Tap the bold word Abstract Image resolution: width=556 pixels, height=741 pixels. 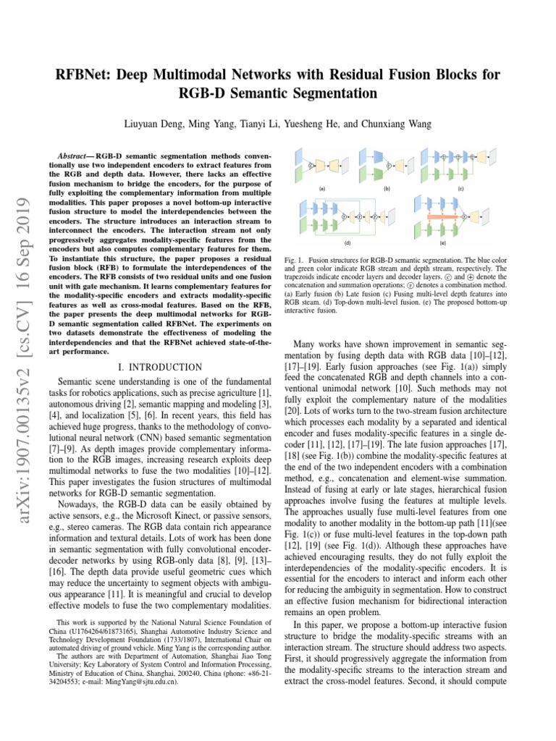coord(75,156)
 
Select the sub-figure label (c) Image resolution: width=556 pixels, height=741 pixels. coord(461,188)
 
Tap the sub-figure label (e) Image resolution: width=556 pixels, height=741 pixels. coord(442,243)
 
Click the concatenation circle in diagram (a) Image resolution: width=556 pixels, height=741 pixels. coord(312,166)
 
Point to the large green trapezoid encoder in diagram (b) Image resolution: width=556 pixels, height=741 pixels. coord(366,174)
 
